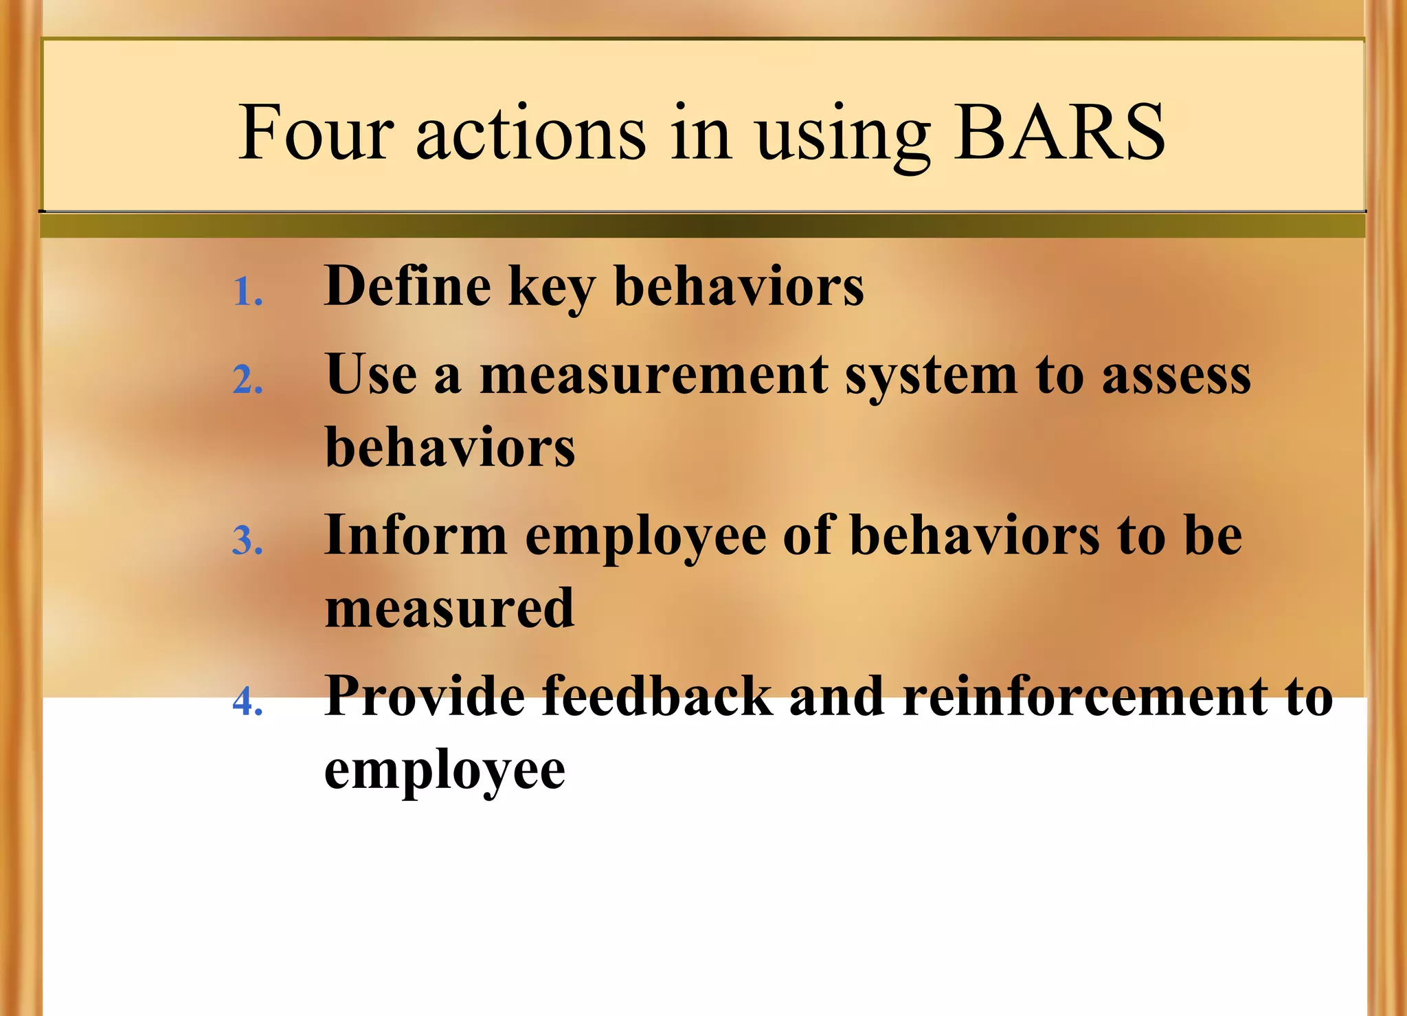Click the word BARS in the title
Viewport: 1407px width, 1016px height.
[1059, 132]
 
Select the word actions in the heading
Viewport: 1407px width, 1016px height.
[530, 132]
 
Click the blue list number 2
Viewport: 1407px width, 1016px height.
[247, 380]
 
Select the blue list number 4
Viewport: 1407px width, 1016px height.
[247, 702]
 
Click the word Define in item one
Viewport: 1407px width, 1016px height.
[407, 286]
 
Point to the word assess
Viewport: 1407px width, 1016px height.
[1176, 376]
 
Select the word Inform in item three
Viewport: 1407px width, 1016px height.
[415, 535]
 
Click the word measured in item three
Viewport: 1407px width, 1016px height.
[449, 608]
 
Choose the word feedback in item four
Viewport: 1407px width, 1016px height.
[657, 696]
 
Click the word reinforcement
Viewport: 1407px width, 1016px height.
[1085, 696]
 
